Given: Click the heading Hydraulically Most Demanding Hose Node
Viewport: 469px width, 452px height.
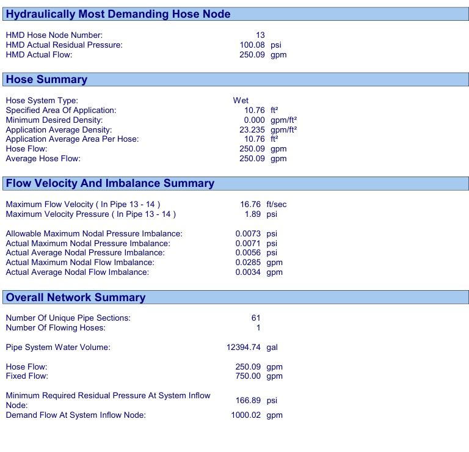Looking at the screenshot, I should tap(118, 14).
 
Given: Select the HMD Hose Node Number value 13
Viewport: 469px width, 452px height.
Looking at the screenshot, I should tap(260, 35).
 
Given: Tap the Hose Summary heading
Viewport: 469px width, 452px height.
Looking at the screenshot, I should tap(46, 79).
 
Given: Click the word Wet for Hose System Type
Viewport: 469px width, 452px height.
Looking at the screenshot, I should tap(241, 100).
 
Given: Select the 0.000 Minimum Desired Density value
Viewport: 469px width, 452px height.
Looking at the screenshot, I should tap(254, 120).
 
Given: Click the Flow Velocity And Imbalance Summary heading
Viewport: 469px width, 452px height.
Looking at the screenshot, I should tap(110, 183).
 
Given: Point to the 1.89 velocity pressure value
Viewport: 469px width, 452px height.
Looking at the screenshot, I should tap(256, 214).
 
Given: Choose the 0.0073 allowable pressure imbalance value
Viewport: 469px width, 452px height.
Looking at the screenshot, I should tap(248, 233).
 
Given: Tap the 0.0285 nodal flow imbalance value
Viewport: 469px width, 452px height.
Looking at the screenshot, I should tap(248, 263).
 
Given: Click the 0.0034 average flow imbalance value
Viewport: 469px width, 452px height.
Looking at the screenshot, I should tap(248, 272).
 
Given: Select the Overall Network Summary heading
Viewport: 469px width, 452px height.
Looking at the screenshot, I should tap(76, 297).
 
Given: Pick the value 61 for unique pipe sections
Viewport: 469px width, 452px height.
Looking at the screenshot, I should tap(255, 318).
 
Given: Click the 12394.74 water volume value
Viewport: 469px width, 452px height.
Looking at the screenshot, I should tap(244, 347).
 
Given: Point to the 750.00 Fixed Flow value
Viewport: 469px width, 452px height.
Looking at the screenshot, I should tap(250, 376).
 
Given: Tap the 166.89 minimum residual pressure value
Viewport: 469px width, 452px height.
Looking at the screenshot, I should tap(250, 401).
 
